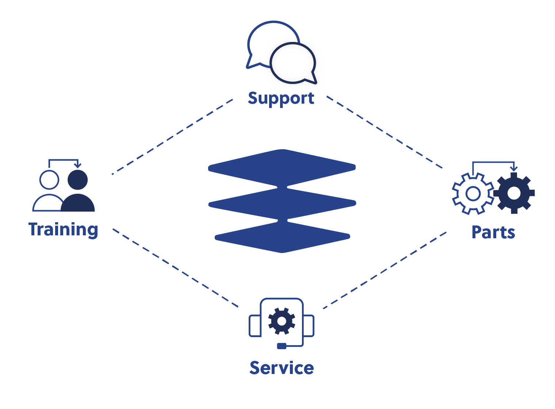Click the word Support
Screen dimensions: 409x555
tap(281, 99)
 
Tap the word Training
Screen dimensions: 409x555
tap(63, 229)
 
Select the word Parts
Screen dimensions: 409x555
tap(493, 232)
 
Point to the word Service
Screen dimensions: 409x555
tap(282, 368)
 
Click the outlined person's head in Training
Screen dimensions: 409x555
tap(49, 180)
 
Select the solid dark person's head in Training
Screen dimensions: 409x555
tap(78, 180)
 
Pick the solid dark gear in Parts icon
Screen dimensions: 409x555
tap(514, 193)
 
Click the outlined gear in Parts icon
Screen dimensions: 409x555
tap(473, 193)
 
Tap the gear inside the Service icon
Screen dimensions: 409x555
tap(282, 321)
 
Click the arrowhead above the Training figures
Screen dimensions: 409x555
tap(77, 165)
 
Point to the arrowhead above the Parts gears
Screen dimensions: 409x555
tap(514, 169)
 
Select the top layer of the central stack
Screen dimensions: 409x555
tap(282, 167)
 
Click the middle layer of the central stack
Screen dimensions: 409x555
tap(282, 204)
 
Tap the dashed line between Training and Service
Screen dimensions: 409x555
tap(175, 268)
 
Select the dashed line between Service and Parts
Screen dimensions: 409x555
tap(386, 270)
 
